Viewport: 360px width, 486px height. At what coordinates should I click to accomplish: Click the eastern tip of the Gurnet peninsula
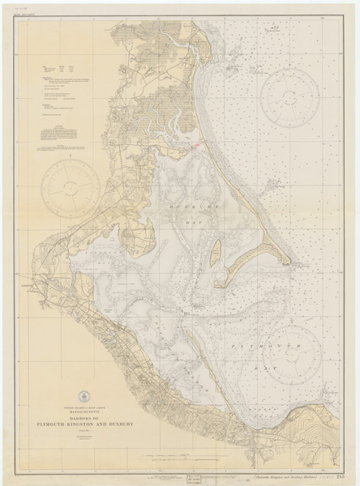coord(294,261)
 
